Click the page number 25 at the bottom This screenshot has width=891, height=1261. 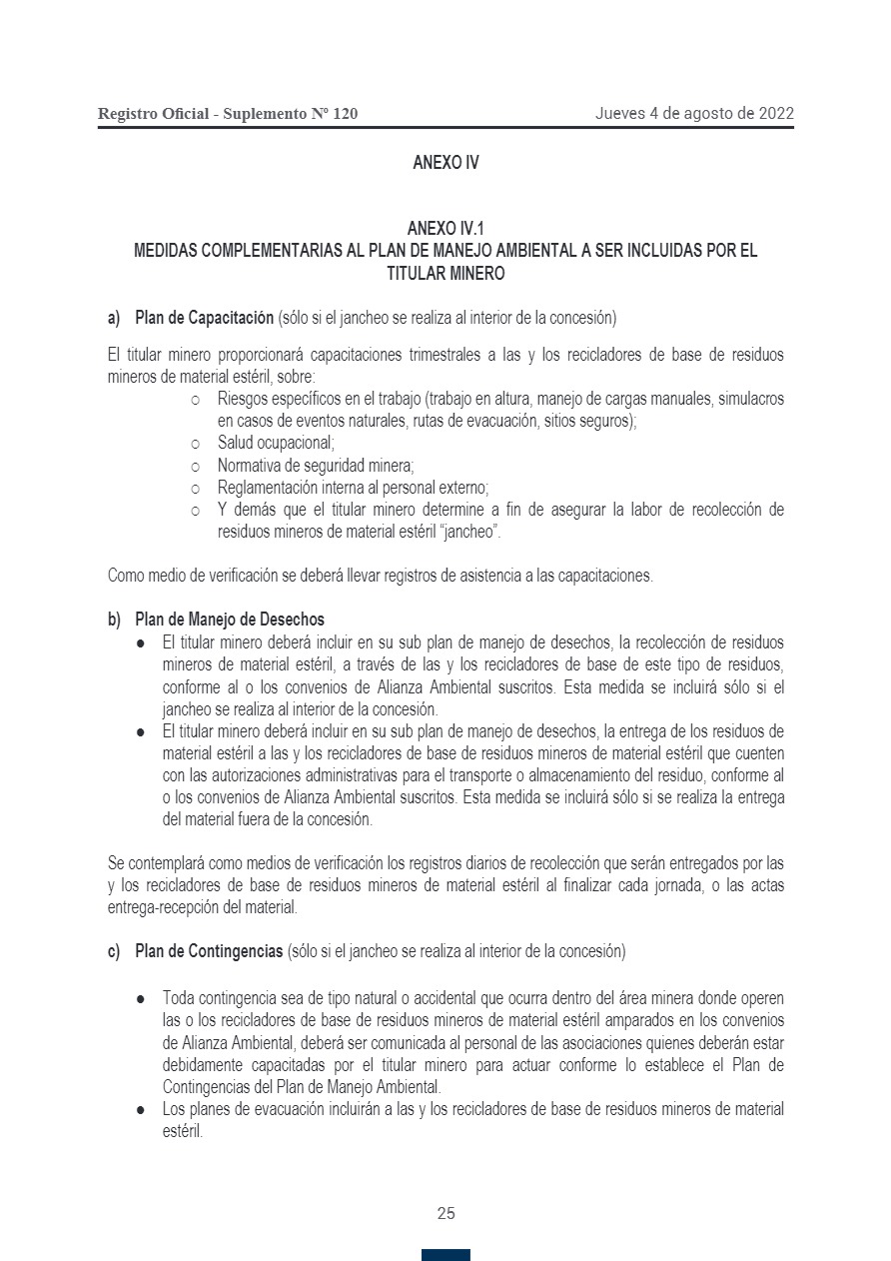[445, 1213]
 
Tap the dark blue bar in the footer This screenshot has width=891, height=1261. [445, 1255]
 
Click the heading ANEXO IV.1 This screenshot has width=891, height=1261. [445, 230]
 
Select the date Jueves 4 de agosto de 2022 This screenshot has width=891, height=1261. [694, 113]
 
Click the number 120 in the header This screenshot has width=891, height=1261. [344, 114]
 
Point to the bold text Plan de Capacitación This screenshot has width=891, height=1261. [204, 319]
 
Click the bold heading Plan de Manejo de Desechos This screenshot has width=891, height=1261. [230, 620]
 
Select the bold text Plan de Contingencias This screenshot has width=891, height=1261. [209, 951]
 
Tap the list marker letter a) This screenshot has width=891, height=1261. [114, 319]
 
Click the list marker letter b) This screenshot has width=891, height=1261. [114, 620]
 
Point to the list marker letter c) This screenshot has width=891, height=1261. [114, 951]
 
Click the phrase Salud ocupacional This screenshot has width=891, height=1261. [276, 443]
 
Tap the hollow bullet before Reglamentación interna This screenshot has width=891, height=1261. [196, 489]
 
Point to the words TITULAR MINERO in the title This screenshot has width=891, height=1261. [445, 273]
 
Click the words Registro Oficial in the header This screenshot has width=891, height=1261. [153, 114]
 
